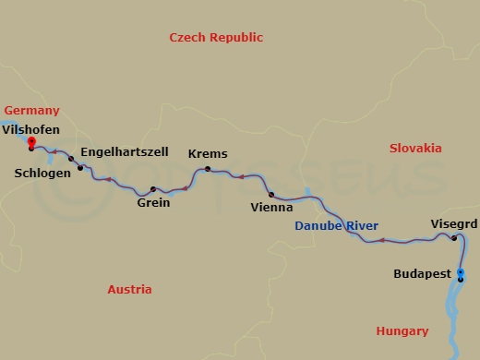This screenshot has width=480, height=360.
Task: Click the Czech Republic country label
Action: [x=216, y=38]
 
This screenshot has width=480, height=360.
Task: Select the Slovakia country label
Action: [x=415, y=148]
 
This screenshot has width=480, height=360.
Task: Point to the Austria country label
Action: [x=129, y=289]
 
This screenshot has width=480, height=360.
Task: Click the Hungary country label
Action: [x=402, y=331]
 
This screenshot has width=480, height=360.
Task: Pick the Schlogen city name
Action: [x=42, y=173]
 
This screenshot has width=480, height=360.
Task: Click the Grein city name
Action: [x=153, y=203]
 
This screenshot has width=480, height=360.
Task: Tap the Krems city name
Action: [x=208, y=154]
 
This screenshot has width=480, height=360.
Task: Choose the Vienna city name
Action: [x=273, y=209]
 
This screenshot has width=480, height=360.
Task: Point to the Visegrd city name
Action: [x=454, y=223]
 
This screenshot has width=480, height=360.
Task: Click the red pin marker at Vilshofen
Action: [x=31, y=142]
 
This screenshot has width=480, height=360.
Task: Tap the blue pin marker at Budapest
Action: [x=461, y=272]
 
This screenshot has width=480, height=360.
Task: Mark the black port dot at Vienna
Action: [x=271, y=195]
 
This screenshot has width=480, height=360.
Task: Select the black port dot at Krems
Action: [x=208, y=169]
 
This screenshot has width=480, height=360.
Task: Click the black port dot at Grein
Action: [x=153, y=189]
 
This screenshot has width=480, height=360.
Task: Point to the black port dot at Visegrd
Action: [x=454, y=238]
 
